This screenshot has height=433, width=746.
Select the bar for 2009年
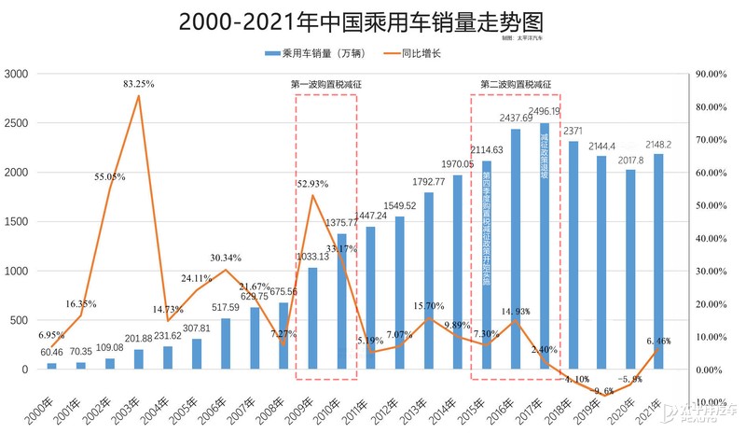pos(312,317)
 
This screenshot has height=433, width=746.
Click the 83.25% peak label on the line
pos(138,85)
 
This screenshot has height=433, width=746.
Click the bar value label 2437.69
pos(516,118)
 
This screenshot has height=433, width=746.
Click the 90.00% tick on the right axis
pos(713,74)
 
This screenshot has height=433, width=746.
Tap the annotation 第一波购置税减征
pos(325,84)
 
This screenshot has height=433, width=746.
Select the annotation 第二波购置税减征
pos(516,84)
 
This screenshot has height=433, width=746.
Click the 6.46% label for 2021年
pos(656,342)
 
